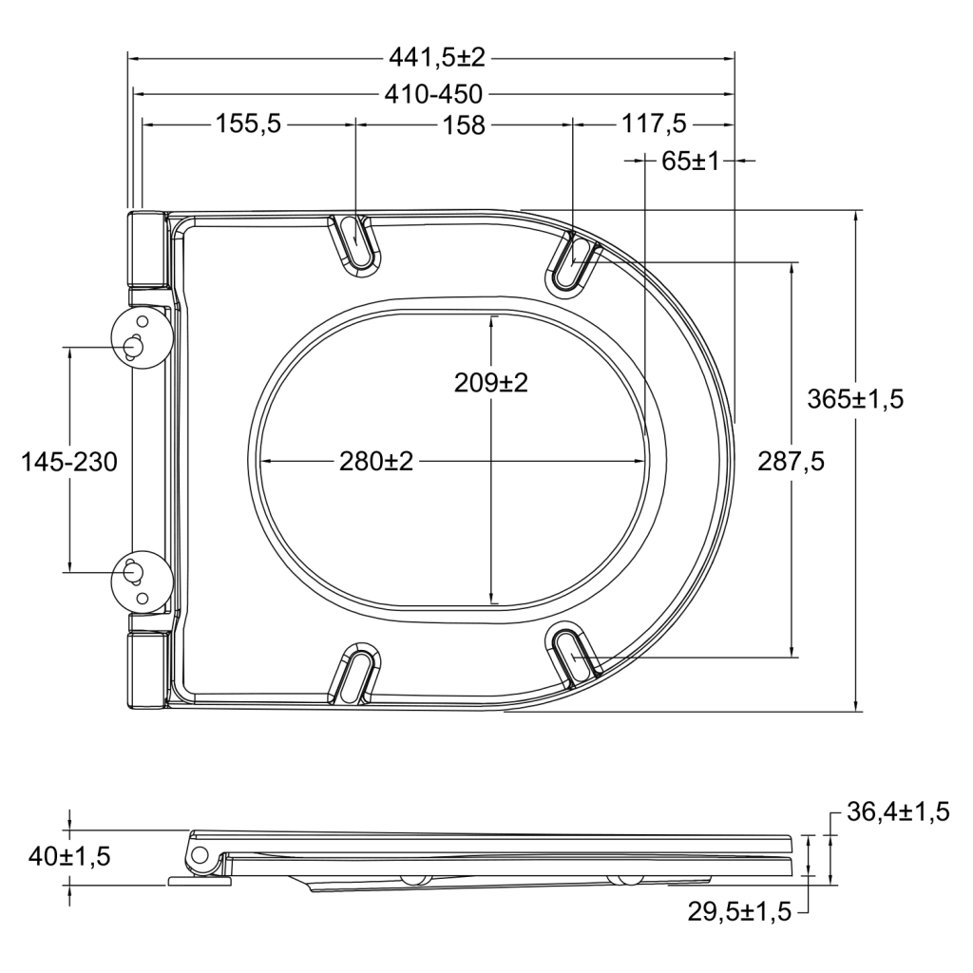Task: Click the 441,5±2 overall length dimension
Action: tap(436, 58)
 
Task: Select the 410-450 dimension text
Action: tap(433, 94)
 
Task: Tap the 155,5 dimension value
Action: tap(248, 124)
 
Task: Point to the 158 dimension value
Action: tap(464, 125)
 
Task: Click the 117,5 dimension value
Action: tap(654, 124)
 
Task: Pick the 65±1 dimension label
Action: tap(690, 162)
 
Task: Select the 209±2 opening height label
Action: tap(491, 383)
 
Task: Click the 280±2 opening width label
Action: tap(376, 461)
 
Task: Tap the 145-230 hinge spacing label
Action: tap(69, 462)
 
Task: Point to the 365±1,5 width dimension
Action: tap(855, 399)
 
